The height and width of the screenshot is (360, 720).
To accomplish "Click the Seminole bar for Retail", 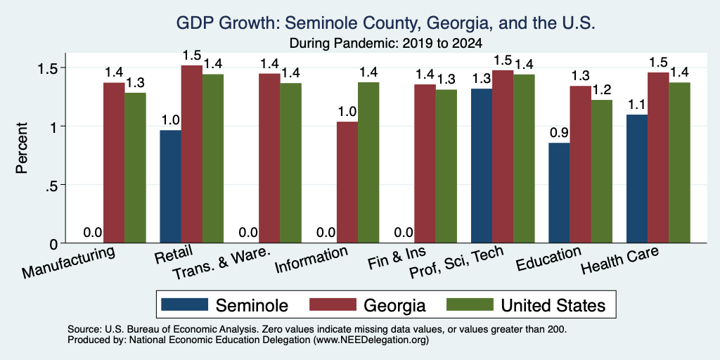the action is coord(170,186).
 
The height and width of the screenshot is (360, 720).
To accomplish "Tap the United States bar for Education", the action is coord(602,172).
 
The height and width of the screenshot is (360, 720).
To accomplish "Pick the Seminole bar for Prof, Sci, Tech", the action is coord(482,166).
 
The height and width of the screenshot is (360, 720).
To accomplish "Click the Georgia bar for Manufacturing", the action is coord(114,163).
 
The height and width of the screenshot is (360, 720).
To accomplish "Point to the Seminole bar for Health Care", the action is coord(637,179).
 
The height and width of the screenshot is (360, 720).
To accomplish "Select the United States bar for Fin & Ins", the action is coord(446,166).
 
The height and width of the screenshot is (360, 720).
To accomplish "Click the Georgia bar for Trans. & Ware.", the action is coord(269,158).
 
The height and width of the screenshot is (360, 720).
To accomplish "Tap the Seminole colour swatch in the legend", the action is coord(185,304).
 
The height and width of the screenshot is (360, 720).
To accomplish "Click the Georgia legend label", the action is coord(394,305).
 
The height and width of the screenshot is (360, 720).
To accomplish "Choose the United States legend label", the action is coord(553,305).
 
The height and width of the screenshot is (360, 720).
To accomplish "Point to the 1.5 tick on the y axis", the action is coord(63,67).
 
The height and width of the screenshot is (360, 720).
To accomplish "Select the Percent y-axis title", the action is coord(22,148).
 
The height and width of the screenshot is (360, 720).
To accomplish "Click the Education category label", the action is coord(548,259).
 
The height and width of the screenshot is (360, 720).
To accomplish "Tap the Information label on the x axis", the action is coord(311,260).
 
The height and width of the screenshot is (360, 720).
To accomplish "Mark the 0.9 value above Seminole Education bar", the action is coord(559,133).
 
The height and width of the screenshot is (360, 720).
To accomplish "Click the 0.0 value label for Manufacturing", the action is coord(93,232).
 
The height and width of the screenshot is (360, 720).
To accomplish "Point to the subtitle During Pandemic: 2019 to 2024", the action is coord(386,44).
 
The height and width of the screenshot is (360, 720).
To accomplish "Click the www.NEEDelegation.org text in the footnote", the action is coord(371,340).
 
